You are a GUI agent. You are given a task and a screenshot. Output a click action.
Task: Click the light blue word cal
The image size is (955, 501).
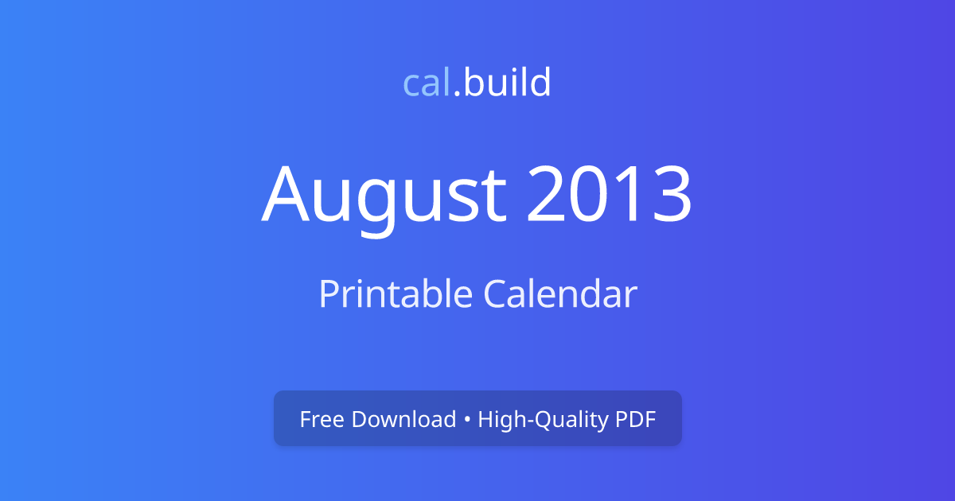tap(427, 83)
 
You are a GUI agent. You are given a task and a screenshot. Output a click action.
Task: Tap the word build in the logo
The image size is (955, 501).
tap(508, 83)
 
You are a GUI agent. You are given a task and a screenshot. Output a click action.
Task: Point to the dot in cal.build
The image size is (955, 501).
tap(458, 95)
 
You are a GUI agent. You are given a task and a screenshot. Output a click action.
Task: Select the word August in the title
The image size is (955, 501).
tap(384, 195)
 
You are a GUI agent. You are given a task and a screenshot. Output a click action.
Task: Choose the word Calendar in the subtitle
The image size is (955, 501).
tap(560, 293)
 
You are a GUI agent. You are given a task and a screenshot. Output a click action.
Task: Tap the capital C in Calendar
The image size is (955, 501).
tap(496, 293)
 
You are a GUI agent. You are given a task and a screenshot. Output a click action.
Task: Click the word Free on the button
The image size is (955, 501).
tap(322, 419)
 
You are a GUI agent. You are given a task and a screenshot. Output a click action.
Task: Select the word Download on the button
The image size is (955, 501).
tap(403, 419)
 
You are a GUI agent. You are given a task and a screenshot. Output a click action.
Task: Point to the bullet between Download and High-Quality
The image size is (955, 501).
tap(467, 420)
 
